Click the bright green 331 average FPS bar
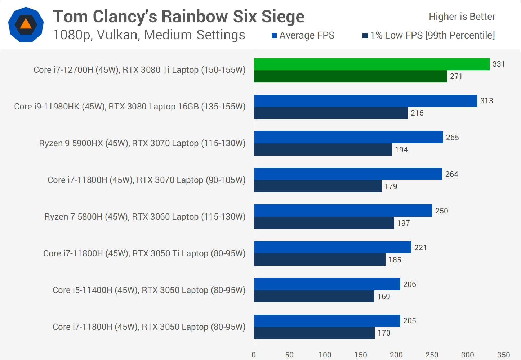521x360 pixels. tap(371, 64)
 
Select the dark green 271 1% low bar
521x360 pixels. tap(350, 76)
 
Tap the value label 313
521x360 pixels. tap(486, 101)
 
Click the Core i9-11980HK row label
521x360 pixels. tap(130, 107)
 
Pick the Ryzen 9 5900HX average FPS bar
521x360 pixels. tap(348, 137)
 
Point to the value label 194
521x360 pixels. tap(401, 150)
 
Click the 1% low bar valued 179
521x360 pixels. tap(317, 186)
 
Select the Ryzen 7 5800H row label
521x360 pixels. tap(145, 217)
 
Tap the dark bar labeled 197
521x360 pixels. tap(324, 223)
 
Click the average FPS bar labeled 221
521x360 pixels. tap(333, 247)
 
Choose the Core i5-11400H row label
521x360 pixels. tap(149, 290)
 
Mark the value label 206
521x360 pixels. tap(409, 284)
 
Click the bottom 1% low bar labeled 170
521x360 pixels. tap(314, 333)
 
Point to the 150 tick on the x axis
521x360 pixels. tap(360, 355)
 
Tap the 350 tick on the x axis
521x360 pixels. tap(503, 355)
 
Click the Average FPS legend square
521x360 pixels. tap(274, 36)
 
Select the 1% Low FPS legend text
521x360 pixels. tap(432, 35)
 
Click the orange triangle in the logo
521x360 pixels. tap(26, 24)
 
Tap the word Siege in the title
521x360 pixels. tap(282, 17)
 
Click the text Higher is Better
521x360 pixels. tap(462, 17)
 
